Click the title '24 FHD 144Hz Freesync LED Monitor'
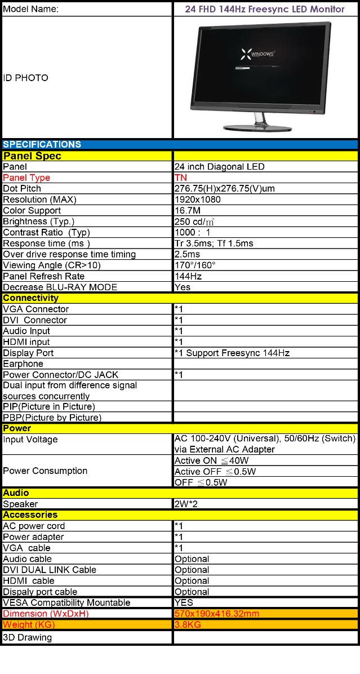coord(265,9)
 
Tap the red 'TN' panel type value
coord(181,178)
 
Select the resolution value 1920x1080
coord(198,199)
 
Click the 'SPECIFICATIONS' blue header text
coord(42,144)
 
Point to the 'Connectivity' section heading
coord(30,298)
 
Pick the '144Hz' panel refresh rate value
coord(188,276)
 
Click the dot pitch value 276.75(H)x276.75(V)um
coord(225,189)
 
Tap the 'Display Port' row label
coord(28,353)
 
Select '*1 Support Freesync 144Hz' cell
coord(232,353)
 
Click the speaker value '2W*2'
coord(185,504)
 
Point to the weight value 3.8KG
coord(188,624)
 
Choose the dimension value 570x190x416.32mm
coord(217,613)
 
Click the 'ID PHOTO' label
coord(25,78)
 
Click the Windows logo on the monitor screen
coord(247,54)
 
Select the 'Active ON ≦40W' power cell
coord(203,460)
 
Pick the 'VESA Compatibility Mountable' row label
coord(66,602)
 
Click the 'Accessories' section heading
coord(30,515)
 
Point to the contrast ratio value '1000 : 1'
coord(193,232)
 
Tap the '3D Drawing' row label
coord(27,637)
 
